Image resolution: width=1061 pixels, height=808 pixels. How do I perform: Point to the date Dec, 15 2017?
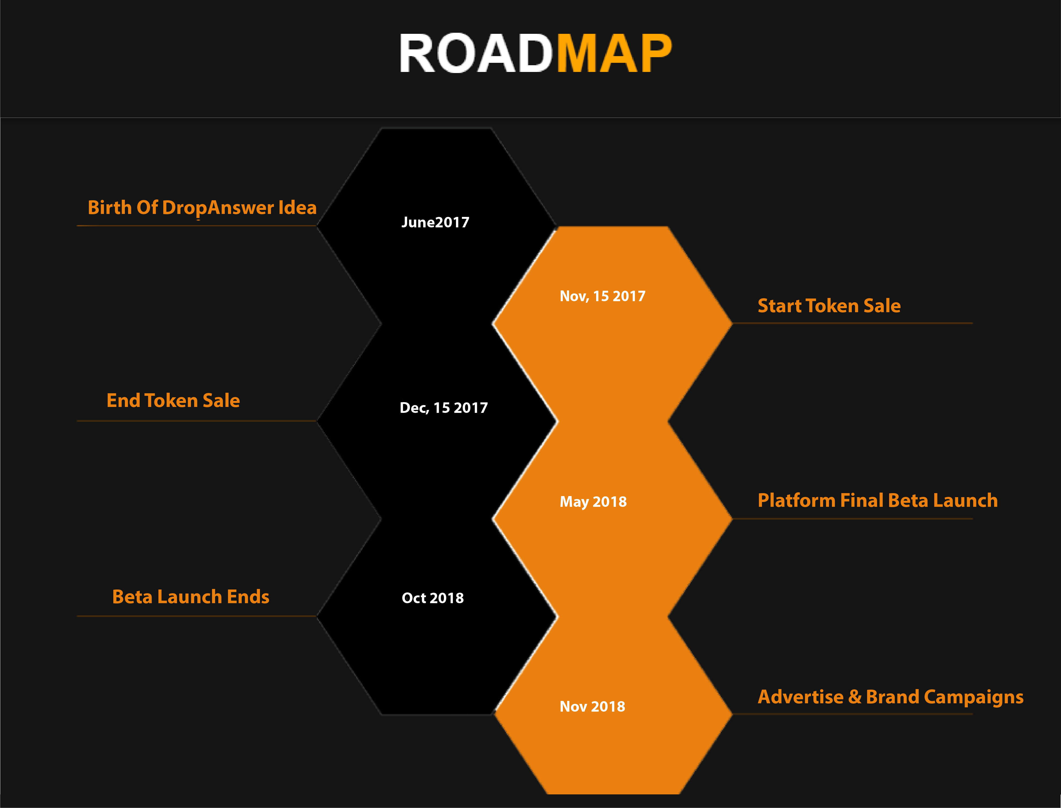click(x=444, y=408)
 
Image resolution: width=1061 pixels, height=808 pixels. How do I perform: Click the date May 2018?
click(x=593, y=502)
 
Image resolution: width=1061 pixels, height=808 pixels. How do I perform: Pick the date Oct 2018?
click(x=433, y=598)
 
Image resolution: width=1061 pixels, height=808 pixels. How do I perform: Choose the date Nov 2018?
click(x=592, y=707)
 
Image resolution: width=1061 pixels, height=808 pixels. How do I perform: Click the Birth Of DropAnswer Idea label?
click(x=202, y=208)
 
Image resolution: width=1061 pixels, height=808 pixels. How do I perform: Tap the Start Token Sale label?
click(x=829, y=306)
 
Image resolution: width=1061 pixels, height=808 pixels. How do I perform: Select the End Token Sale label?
click(x=173, y=401)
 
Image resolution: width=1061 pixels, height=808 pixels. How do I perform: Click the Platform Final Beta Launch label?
click(x=878, y=501)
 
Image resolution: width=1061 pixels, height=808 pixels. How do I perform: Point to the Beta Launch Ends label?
click(x=191, y=597)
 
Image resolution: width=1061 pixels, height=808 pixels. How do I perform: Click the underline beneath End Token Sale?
click(x=196, y=421)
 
